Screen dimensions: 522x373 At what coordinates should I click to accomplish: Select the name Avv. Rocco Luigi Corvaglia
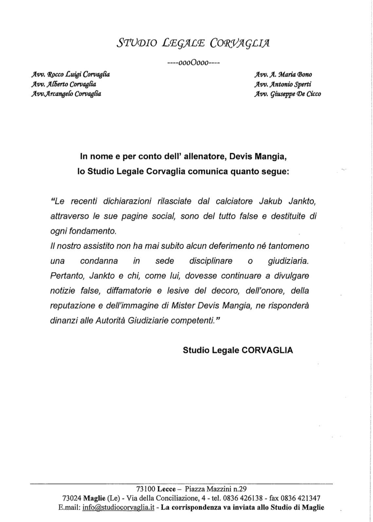point(70,74)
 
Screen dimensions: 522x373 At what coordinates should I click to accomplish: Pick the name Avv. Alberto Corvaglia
point(63,84)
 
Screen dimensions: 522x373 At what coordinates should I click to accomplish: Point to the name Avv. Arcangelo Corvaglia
point(66,94)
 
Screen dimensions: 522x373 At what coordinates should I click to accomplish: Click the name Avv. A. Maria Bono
point(283,74)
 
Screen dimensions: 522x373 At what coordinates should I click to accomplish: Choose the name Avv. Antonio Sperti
point(283,84)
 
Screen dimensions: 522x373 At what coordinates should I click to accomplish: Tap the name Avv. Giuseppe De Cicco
point(288,94)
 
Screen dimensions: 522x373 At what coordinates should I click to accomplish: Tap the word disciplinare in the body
point(211,261)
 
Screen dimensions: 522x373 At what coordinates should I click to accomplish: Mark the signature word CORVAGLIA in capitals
point(267,350)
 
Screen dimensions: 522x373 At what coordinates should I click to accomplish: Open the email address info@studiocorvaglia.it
point(118,508)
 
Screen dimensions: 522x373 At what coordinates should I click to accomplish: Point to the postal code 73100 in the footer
point(146,489)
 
